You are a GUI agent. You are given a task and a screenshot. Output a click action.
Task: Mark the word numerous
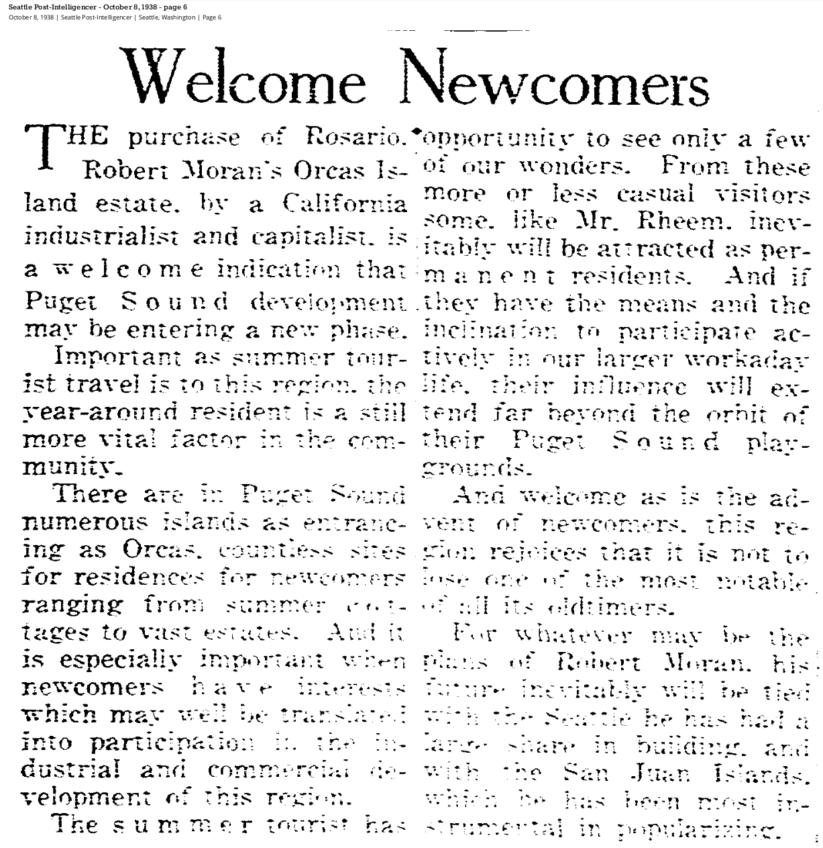tap(85, 522)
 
